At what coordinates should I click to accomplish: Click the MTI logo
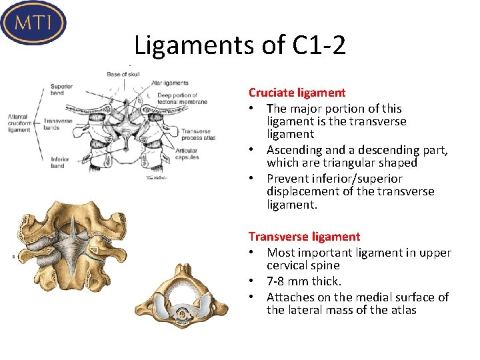[x=34, y=22]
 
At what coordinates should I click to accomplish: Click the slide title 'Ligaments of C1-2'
[x=239, y=45]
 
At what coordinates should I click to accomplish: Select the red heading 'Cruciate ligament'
[x=297, y=93]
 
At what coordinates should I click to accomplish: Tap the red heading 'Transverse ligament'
[x=304, y=236]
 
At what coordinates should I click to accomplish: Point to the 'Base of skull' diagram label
[x=123, y=73]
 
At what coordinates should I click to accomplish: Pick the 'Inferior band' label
[x=59, y=162]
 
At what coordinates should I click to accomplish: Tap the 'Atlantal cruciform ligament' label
[x=19, y=123]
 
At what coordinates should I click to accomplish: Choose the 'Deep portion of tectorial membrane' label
[x=181, y=98]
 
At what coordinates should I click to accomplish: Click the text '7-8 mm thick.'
[x=303, y=281]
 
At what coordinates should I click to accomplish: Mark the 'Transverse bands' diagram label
[x=57, y=124]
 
